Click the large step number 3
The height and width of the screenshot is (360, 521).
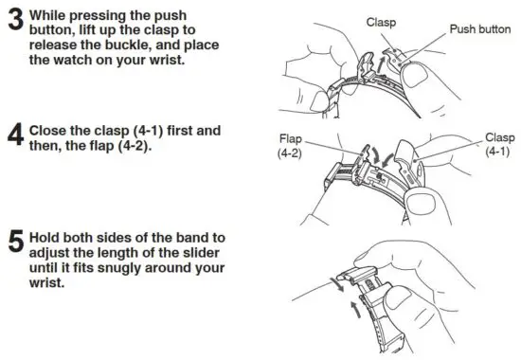[x=15, y=22]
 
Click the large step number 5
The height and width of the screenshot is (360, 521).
[x=15, y=243]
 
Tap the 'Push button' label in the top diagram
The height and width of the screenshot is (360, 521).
[x=480, y=29]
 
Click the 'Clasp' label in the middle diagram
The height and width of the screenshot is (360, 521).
[x=500, y=136]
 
